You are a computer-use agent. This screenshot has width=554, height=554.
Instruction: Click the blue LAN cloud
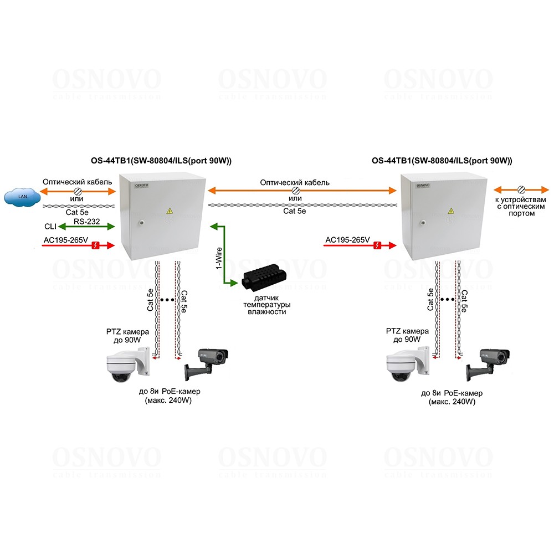(22, 197)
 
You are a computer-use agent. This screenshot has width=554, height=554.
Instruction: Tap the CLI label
(50, 227)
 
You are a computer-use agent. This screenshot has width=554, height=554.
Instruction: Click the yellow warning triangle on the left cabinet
(169, 211)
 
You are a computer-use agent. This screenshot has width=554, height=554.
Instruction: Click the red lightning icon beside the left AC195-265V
(95, 244)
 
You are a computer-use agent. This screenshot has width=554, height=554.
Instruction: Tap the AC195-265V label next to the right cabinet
(347, 240)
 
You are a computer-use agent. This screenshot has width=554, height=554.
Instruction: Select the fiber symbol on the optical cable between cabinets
(295, 191)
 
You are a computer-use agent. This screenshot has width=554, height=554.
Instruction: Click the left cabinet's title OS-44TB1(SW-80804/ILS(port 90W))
(161, 161)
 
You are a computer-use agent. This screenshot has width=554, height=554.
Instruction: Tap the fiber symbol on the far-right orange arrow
(521, 189)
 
